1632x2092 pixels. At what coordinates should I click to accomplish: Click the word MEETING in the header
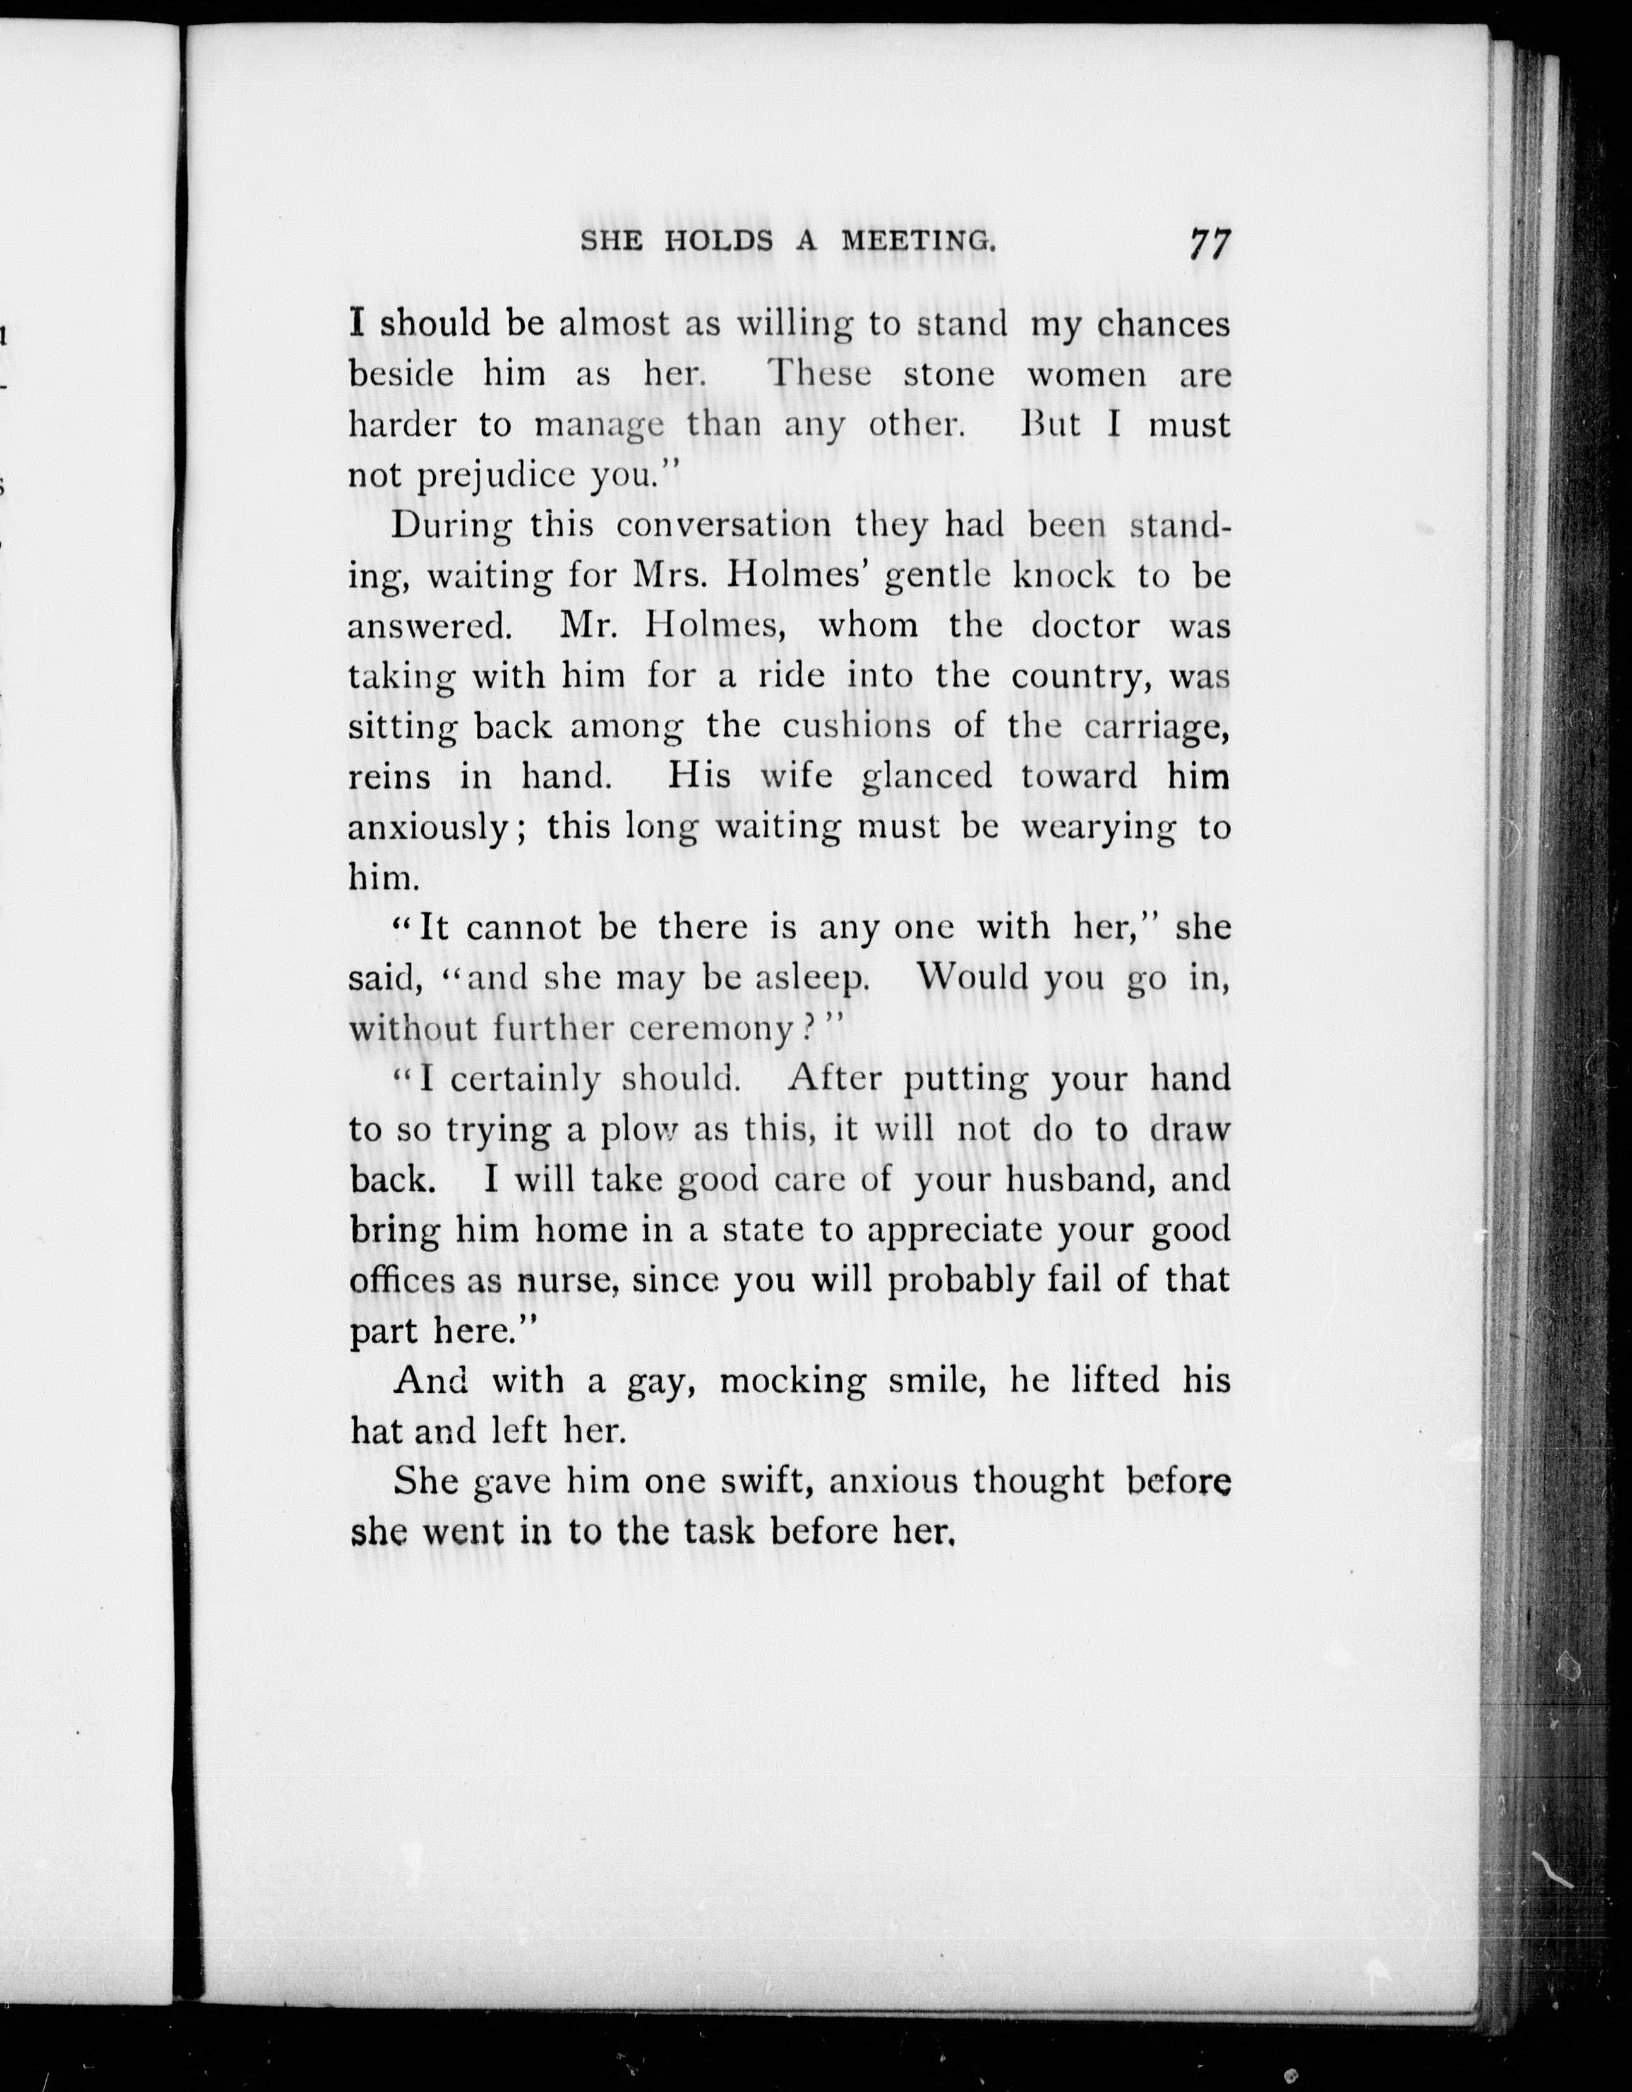pos(918,241)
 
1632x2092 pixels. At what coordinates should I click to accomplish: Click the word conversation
pos(723,525)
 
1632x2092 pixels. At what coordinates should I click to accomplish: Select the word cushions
pos(856,725)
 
